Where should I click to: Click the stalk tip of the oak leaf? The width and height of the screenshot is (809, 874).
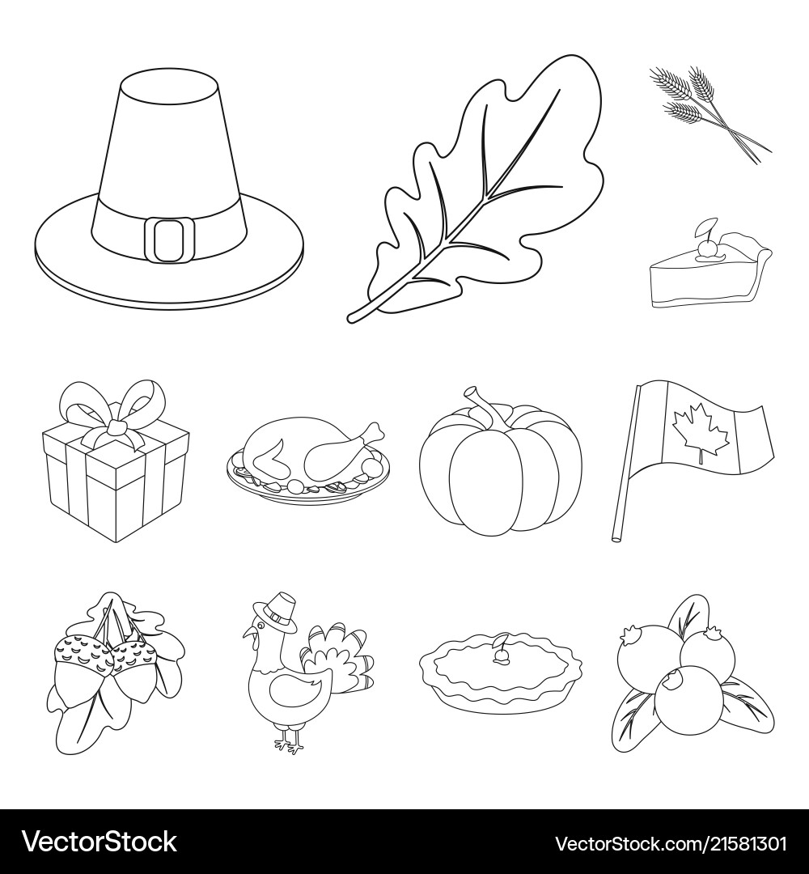pyautogui.click(x=350, y=319)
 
